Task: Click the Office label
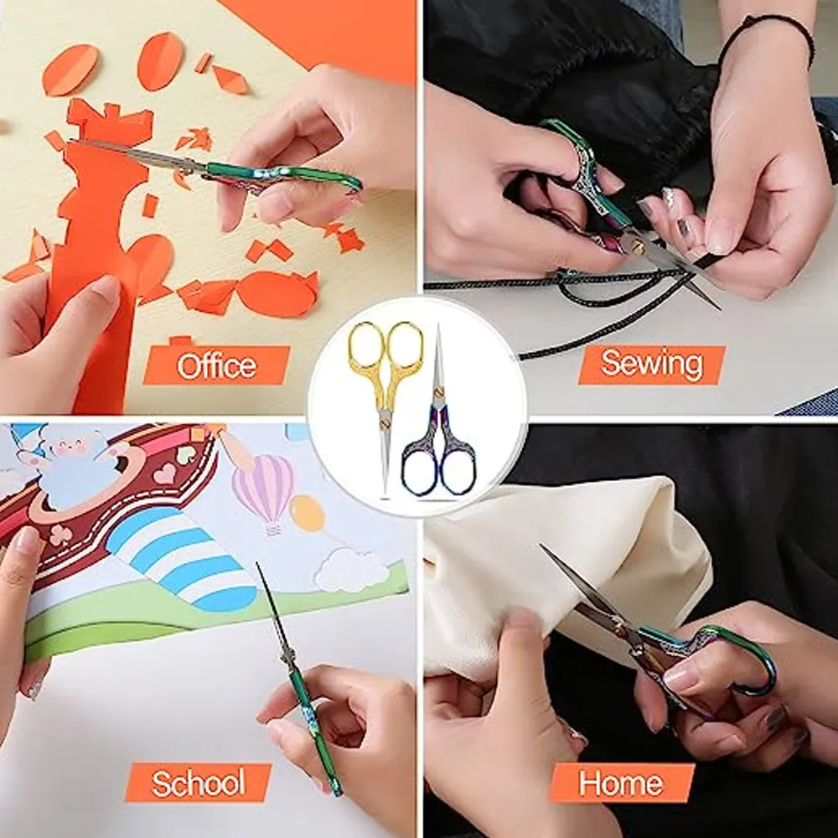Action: coord(216,365)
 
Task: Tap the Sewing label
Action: coord(652,365)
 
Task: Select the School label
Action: coord(199,783)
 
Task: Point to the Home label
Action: coord(621,783)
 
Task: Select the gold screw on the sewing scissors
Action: coord(638,247)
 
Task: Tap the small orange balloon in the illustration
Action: coord(308,513)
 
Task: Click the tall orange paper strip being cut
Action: coord(92,251)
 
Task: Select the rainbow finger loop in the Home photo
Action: coord(746,662)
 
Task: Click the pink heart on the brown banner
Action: coord(164,474)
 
